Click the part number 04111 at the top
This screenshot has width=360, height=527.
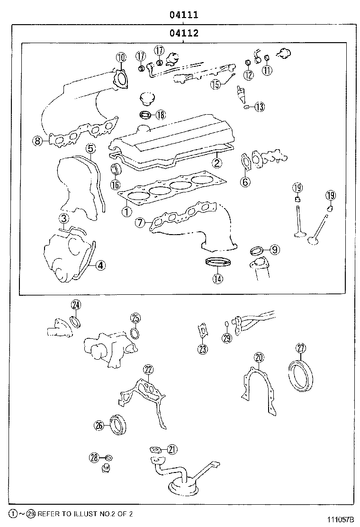(184, 15)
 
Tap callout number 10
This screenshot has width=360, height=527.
(121, 57)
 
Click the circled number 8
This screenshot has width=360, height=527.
(37, 140)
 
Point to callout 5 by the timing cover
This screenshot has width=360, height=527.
(90, 148)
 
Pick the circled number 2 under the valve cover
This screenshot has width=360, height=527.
(216, 163)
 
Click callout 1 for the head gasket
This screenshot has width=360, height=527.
(126, 212)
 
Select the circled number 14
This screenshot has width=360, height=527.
(217, 279)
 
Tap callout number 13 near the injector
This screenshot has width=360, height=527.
(259, 107)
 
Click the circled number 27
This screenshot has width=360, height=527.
(301, 348)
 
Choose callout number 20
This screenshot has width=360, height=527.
(258, 357)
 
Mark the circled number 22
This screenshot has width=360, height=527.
(148, 370)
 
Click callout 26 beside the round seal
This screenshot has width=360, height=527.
(99, 425)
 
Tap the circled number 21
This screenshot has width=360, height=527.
(171, 449)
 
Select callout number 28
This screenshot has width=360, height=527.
(94, 457)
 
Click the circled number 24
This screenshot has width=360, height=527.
(76, 305)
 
